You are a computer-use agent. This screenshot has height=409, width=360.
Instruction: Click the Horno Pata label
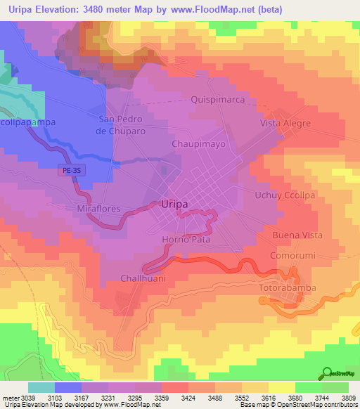[186, 240]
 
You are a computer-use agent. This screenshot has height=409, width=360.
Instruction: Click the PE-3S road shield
[68, 170]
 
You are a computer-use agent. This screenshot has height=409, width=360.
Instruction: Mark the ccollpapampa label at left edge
[28, 122]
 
